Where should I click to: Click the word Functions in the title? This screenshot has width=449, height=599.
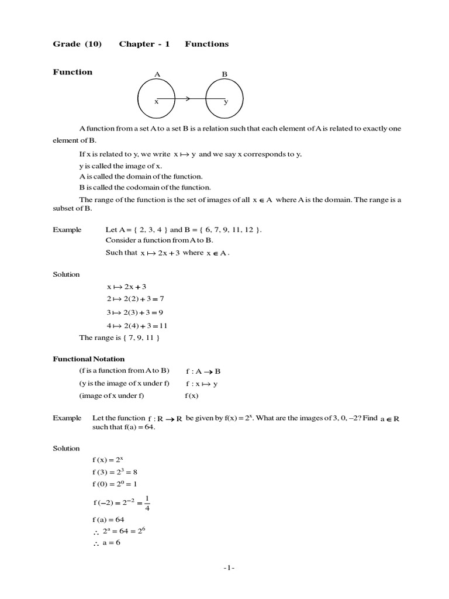(x=207, y=44)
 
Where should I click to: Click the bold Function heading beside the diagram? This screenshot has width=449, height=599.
(x=72, y=72)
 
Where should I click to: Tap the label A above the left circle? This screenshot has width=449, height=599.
(x=157, y=74)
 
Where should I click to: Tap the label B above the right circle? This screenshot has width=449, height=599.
(x=224, y=74)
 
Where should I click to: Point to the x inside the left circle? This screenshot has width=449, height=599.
(x=156, y=102)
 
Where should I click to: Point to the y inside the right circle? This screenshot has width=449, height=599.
(x=226, y=102)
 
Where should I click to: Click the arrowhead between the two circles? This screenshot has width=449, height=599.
(x=188, y=99)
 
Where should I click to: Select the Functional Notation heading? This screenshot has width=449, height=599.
(x=89, y=359)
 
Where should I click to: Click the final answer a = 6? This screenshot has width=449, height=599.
(x=109, y=542)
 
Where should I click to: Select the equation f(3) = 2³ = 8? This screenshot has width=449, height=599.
(x=115, y=471)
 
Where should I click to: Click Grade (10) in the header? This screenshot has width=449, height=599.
(x=77, y=44)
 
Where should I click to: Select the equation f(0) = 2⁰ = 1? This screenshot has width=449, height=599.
(x=115, y=484)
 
